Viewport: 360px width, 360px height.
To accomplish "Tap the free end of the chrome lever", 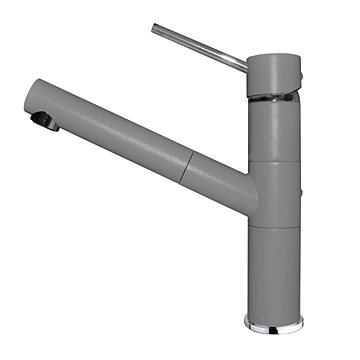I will tap(156, 28).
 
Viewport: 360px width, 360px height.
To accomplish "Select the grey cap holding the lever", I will tap(272, 74).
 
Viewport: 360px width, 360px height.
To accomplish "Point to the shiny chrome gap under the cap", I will tap(272, 97).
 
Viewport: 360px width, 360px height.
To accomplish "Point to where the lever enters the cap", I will tap(245, 64).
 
